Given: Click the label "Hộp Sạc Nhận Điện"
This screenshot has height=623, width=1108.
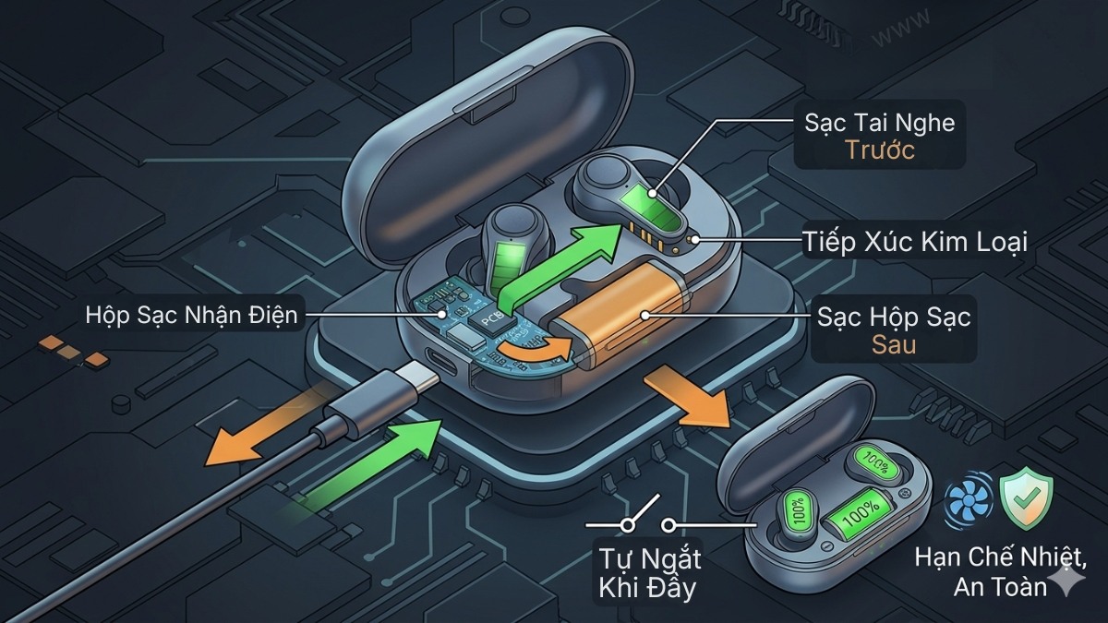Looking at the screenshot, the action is click(191, 316).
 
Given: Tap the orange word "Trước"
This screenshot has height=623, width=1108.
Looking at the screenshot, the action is click(879, 150).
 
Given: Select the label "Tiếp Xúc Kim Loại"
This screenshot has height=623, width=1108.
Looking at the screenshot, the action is click(915, 241).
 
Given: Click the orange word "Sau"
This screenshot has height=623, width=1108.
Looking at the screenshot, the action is click(894, 344).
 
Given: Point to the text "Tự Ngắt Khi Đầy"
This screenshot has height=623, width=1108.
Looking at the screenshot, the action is click(649, 573).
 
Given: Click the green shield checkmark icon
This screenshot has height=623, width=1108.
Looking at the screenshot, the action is click(1027, 497).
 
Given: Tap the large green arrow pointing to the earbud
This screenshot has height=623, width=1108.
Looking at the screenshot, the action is click(559, 270).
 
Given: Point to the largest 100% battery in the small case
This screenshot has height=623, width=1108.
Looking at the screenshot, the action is click(860, 511).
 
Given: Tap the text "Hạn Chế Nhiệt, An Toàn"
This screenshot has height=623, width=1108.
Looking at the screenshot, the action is click(1000, 572).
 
